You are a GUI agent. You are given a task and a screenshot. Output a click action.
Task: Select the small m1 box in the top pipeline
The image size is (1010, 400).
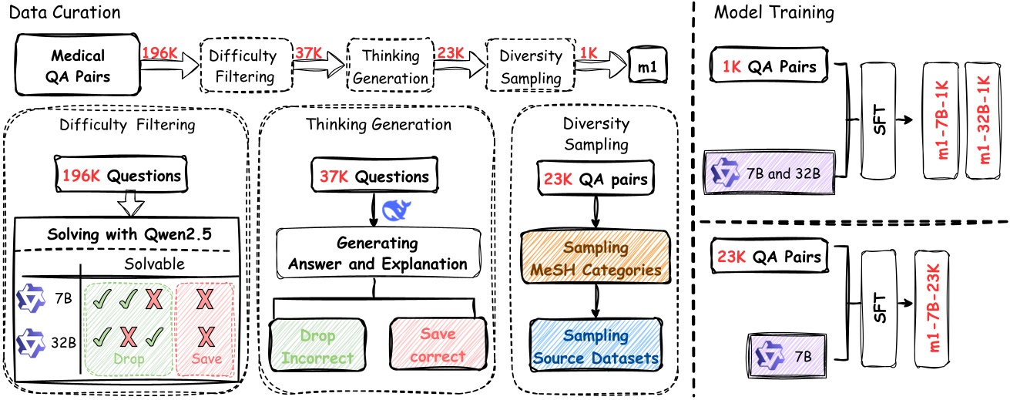647,67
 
